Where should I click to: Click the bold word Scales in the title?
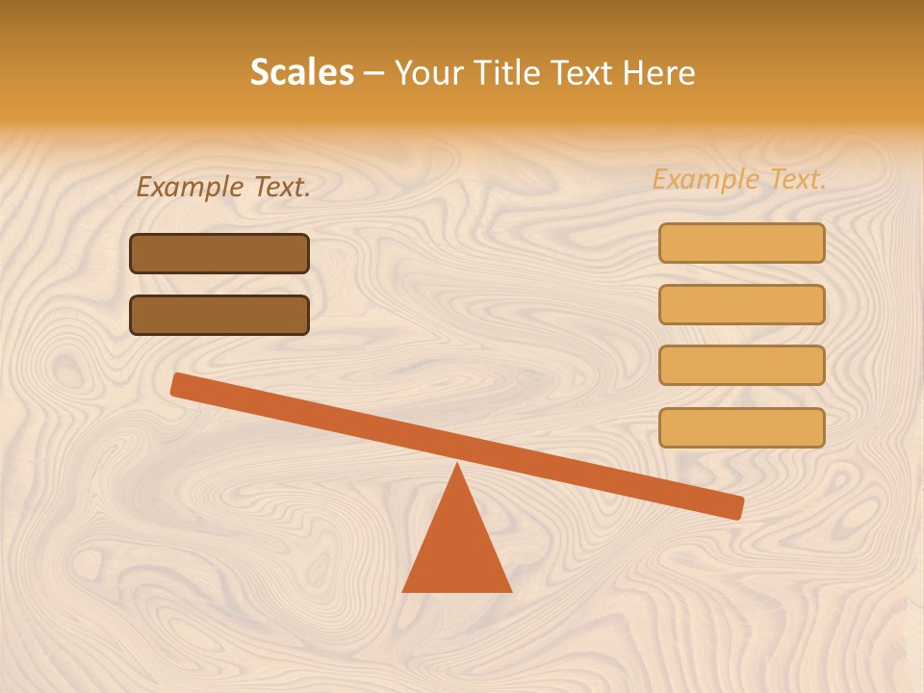coord(301,72)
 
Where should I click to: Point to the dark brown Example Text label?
coord(223,187)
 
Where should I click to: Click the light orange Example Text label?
coord(739,179)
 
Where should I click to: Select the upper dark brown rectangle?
coord(219,253)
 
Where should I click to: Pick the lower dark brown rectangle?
coord(219,315)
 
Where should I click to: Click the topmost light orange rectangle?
coord(741,243)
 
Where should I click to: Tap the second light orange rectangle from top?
coord(741,304)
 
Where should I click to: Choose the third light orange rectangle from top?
coord(741,366)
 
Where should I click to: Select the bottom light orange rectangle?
coord(741,427)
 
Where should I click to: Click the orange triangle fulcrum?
coord(457,549)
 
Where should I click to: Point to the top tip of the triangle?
coord(457,466)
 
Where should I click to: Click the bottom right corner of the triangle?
coord(510,590)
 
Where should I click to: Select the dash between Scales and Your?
coord(373,74)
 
